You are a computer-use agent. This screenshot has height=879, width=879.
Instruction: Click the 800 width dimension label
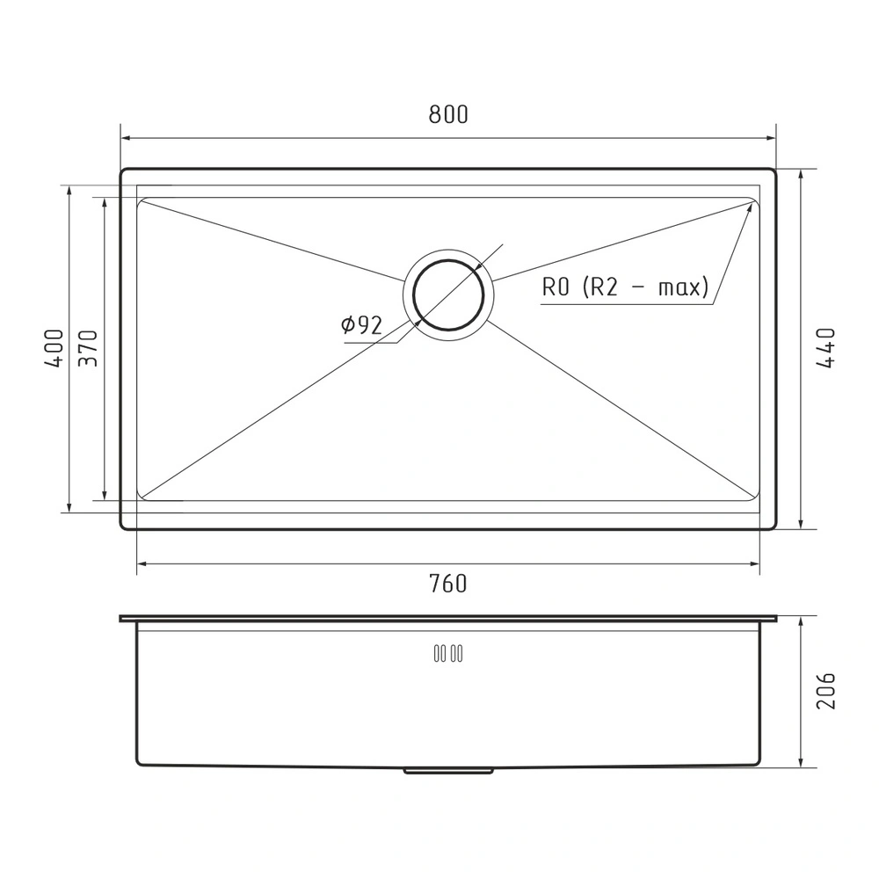click(x=448, y=114)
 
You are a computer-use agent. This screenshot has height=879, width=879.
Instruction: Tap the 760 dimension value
click(x=448, y=584)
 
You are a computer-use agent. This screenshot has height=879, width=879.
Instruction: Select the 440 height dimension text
click(x=825, y=348)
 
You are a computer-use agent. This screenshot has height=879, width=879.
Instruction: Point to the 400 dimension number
click(x=54, y=348)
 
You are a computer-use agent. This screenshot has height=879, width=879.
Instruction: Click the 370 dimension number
click(x=88, y=348)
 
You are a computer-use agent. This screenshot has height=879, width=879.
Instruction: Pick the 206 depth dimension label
click(x=825, y=691)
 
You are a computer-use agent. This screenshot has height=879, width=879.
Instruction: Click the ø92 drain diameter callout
click(x=361, y=324)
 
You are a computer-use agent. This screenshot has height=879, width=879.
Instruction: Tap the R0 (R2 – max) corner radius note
click(x=625, y=287)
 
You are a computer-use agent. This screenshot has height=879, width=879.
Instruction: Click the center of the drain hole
click(x=448, y=294)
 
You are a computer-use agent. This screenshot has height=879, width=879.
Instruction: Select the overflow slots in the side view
click(x=448, y=653)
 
